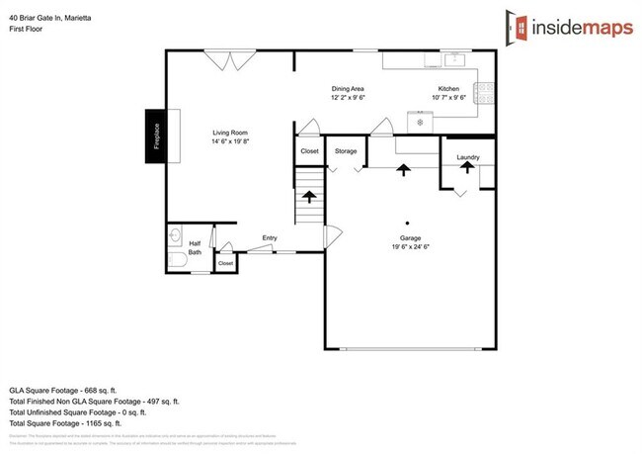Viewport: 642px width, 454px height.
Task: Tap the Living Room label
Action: coord(230,133)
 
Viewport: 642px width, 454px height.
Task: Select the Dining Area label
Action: coord(349,89)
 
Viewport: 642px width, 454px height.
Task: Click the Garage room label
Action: coord(411,239)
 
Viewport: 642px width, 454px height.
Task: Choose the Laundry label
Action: coord(467,157)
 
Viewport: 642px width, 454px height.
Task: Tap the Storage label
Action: coord(346,151)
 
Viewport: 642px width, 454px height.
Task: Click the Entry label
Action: coord(270,237)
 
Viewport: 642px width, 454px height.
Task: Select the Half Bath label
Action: coord(195,247)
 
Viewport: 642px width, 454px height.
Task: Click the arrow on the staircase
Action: coord(309,197)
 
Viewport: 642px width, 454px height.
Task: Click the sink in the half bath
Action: coord(175,235)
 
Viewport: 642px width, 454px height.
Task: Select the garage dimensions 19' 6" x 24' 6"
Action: coord(411,248)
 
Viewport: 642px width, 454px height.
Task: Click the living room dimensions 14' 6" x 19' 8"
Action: coord(230,141)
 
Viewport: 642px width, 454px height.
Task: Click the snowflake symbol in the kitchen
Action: coord(421,122)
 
